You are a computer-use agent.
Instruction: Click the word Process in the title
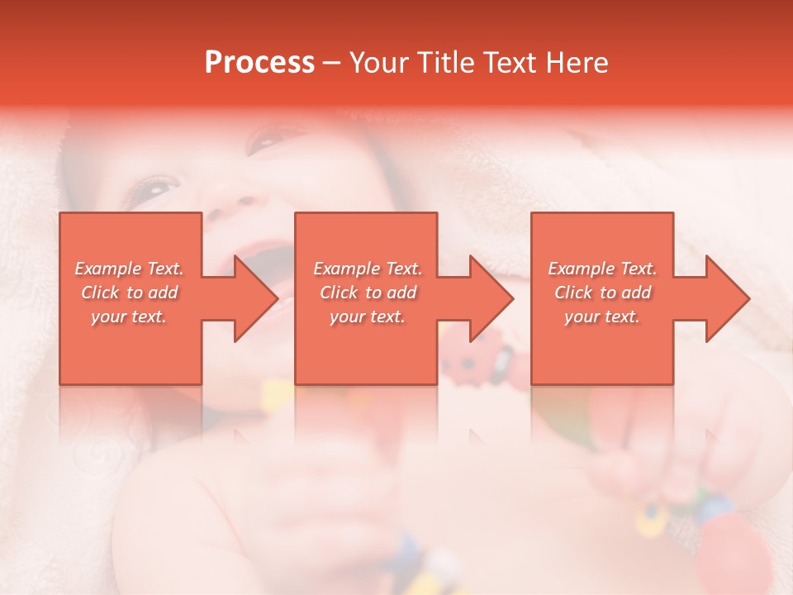click(259, 62)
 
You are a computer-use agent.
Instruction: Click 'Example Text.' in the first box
click(130, 269)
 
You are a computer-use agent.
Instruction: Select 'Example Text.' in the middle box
click(368, 269)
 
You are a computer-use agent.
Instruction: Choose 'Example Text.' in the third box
click(602, 269)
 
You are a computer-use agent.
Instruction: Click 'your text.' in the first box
click(130, 317)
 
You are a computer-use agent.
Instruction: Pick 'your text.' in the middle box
click(368, 317)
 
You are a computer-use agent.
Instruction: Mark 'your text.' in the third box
click(602, 317)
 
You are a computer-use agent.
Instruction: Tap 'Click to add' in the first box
click(130, 293)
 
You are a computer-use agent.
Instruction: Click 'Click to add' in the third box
click(602, 293)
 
